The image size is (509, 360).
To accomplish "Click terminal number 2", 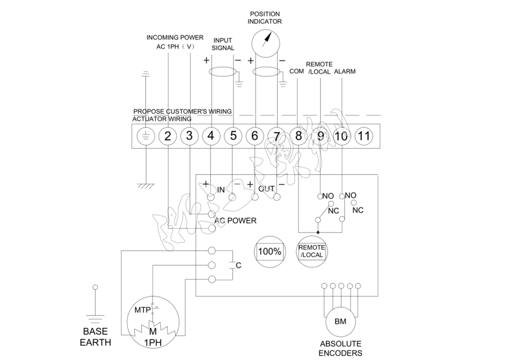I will pyautogui.click(x=168, y=136).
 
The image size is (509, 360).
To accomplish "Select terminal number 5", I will pyautogui.click(x=233, y=136).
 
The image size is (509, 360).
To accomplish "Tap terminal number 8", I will pyautogui.click(x=298, y=136).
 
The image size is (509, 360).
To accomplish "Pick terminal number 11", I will pyautogui.click(x=364, y=136).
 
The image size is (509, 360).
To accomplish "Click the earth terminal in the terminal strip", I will pyautogui.click(x=146, y=136).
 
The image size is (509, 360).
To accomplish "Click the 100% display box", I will pyautogui.click(x=269, y=251).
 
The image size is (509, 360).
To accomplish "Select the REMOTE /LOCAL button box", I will pyautogui.click(x=312, y=251).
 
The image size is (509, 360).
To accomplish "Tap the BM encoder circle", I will pyautogui.click(x=340, y=322).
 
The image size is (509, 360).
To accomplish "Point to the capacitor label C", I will pyautogui.click(x=238, y=265).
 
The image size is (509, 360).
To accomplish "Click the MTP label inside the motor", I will pyautogui.click(x=142, y=310).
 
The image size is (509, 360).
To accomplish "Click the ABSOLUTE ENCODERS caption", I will pyautogui.click(x=340, y=348).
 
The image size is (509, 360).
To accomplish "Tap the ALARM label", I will pyautogui.click(x=345, y=72).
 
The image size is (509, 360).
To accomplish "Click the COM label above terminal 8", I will pyautogui.click(x=297, y=71).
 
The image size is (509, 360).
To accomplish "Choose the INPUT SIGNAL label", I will pyautogui.click(x=223, y=45).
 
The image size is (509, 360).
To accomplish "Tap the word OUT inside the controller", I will pyautogui.click(x=266, y=188).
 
